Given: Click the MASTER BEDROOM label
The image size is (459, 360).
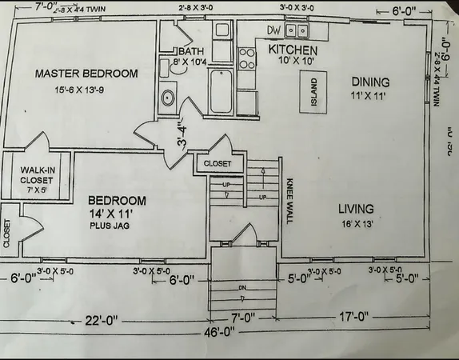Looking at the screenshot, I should [87, 74].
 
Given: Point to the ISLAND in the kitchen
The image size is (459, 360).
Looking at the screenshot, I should [313, 92].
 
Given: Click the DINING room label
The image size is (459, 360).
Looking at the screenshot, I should [370, 82].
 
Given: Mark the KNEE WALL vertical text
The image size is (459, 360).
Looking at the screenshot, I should [289, 200].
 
